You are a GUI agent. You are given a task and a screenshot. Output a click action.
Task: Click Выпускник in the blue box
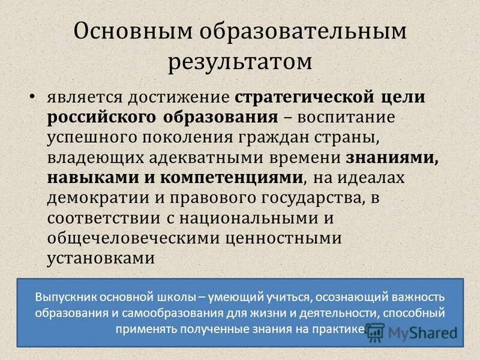point(65,298)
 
